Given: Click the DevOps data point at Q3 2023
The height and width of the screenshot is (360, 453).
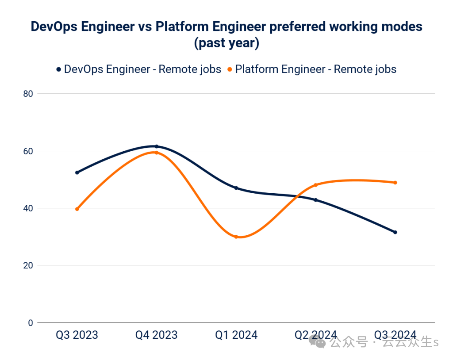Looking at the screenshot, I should [77, 172].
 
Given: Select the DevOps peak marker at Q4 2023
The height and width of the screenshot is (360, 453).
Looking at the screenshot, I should [157, 146].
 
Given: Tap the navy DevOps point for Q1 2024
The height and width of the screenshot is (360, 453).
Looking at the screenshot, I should [236, 188].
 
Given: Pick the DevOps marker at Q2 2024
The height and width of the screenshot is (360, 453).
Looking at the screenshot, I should [316, 200].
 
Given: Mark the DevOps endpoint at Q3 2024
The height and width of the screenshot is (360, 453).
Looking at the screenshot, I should [395, 232].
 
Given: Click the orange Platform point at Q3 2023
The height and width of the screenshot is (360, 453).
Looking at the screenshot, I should [77, 209].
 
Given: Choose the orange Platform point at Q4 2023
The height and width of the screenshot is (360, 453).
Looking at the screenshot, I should [157, 153].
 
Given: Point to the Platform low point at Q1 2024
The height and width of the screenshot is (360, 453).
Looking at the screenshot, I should [236, 237].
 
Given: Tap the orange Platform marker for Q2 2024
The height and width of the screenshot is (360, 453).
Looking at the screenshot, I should [316, 185].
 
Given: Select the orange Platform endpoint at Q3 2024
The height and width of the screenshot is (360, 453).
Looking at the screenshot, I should [395, 183].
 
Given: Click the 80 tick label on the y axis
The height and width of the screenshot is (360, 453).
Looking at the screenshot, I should [28, 94].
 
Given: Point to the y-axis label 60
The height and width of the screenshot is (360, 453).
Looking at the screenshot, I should [28, 151].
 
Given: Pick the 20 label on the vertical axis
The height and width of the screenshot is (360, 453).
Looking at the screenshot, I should [28, 265].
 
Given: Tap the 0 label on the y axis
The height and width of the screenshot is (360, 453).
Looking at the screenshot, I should [31, 323].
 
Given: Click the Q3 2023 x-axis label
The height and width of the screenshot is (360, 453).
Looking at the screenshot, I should [77, 335].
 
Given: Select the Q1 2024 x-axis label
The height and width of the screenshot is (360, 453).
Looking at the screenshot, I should [236, 335].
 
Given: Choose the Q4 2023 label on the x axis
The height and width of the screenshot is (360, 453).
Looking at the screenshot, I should [157, 335].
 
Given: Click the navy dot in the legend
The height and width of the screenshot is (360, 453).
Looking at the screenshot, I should [58, 69].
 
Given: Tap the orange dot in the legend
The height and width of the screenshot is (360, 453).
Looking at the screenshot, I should [230, 69].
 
